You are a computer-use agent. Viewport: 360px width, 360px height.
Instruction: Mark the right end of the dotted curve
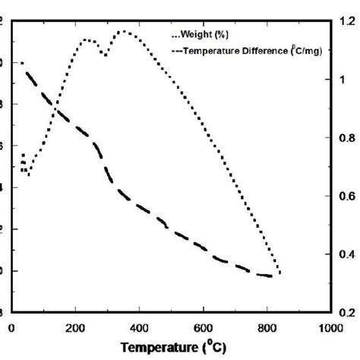pyautogui.click(x=279, y=273)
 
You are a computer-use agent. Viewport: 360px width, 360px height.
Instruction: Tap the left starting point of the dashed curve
pyautogui.click(x=21, y=63)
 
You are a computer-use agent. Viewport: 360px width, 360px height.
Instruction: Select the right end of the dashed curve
pyautogui.click(x=271, y=276)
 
